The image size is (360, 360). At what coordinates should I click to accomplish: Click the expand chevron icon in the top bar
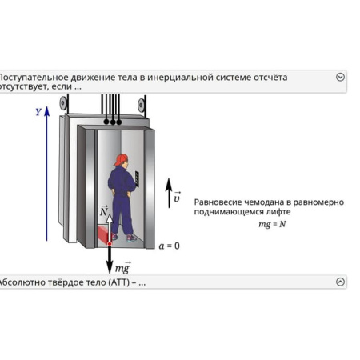(x=341, y=78)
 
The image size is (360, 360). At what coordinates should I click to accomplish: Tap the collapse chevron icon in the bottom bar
(x=341, y=282)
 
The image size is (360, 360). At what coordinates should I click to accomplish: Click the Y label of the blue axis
(x=38, y=112)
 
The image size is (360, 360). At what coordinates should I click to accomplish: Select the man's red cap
(x=121, y=159)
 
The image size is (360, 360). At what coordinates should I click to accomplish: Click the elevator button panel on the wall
(x=137, y=178)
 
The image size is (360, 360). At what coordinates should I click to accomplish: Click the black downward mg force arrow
(x=110, y=260)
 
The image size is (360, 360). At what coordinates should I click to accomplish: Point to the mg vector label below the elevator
(x=122, y=268)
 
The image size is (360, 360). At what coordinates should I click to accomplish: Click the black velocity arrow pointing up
(x=169, y=194)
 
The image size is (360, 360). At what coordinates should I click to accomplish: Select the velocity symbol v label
(x=177, y=197)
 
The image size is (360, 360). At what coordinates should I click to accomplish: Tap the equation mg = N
(x=271, y=224)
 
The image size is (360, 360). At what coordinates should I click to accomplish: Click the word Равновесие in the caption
(x=220, y=202)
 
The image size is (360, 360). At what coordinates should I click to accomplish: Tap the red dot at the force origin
(x=110, y=242)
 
